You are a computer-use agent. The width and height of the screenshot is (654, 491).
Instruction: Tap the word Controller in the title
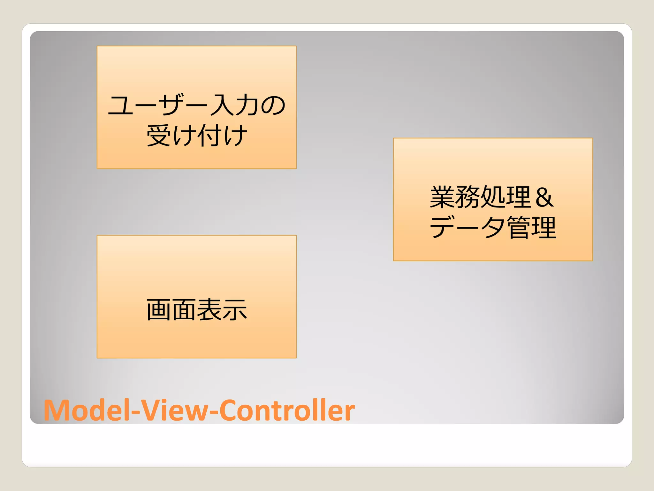click(287, 410)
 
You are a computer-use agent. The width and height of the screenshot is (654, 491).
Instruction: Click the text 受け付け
click(196, 135)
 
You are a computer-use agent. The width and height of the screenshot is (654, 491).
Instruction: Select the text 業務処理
click(481, 197)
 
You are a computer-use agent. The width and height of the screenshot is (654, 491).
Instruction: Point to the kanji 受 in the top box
click(159, 135)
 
